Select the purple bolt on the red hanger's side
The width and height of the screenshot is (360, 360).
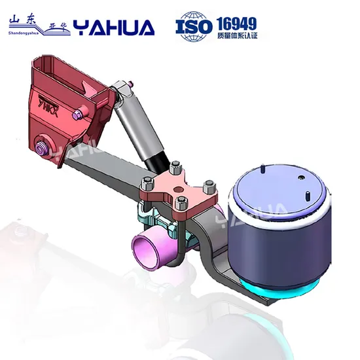(x=77, y=118)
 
